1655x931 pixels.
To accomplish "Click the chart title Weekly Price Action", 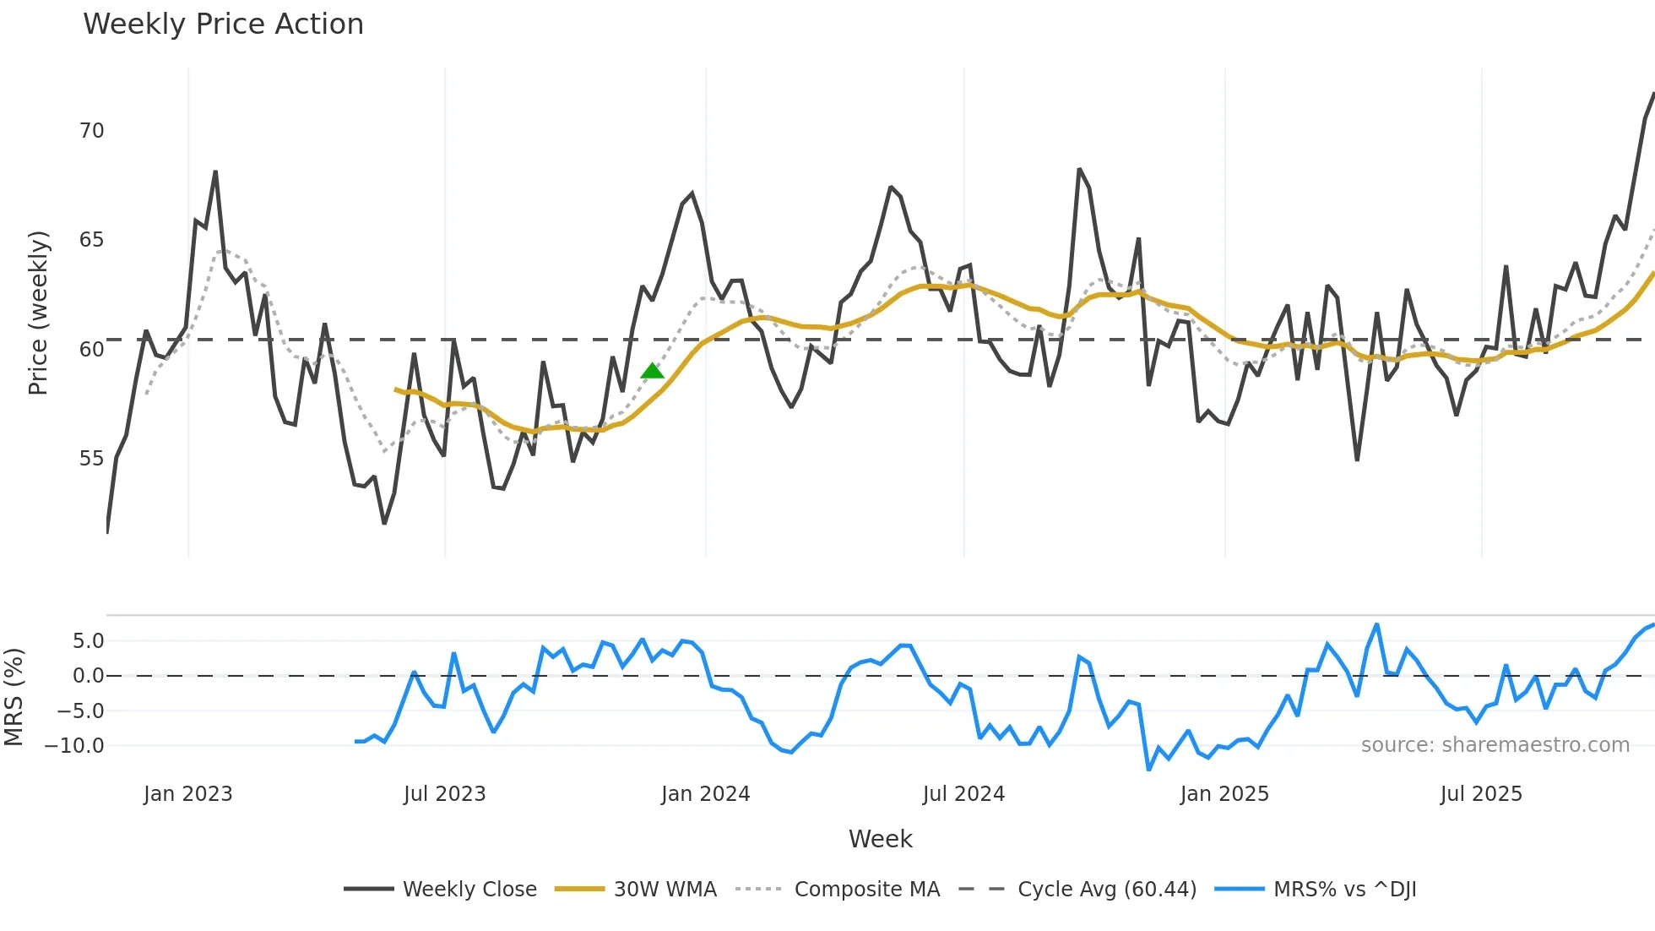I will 223,24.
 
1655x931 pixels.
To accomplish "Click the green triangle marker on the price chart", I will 652,371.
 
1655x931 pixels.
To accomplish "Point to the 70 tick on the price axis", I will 91,131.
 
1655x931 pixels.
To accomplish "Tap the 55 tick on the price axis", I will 91,459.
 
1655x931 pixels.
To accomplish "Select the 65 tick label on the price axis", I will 91,240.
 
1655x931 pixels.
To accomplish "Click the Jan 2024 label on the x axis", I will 705,794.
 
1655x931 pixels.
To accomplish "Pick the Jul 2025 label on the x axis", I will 1481,794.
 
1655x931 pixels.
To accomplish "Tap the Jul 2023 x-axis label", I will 444,794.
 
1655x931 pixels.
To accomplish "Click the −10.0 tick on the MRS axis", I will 74,746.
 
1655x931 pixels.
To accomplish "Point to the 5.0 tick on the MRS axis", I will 88,641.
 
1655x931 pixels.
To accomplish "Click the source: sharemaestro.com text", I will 1495,745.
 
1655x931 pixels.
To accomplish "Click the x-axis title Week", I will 880,839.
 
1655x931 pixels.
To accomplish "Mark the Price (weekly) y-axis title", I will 38,313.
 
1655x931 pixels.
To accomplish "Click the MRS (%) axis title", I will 14,697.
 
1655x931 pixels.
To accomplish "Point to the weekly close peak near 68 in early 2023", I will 215,172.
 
